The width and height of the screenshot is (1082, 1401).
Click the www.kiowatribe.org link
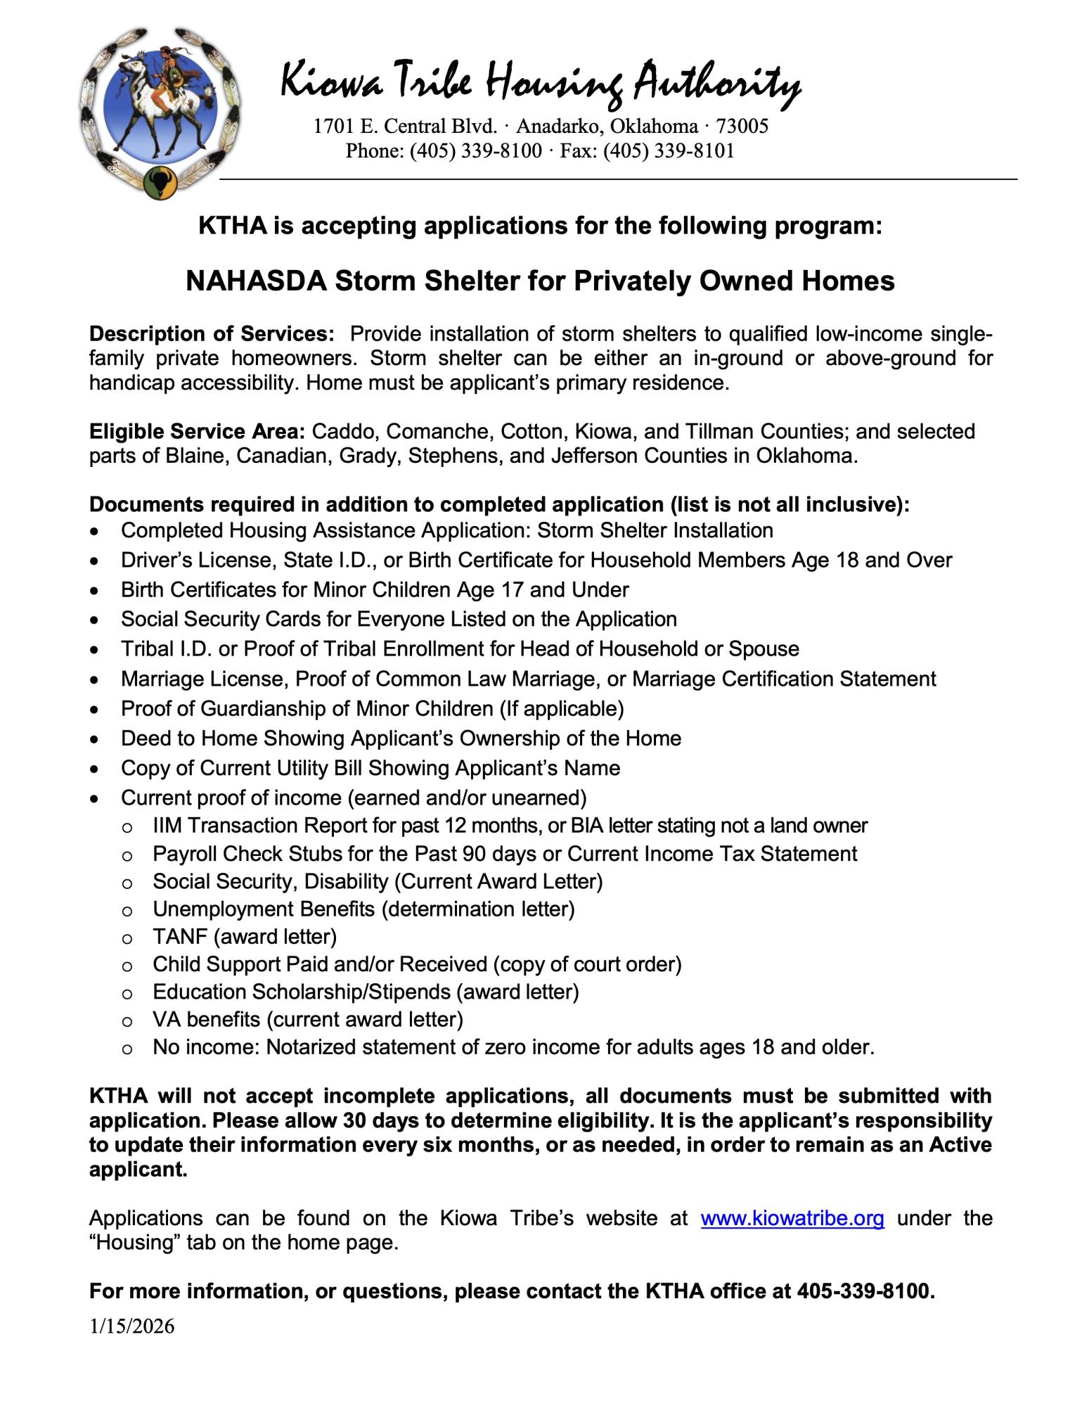pyautogui.click(x=792, y=1218)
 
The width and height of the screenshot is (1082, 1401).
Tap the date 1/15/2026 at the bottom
pyautogui.click(x=131, y=1326)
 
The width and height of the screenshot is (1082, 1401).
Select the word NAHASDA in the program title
pyautogui.click(x=256, y=281)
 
